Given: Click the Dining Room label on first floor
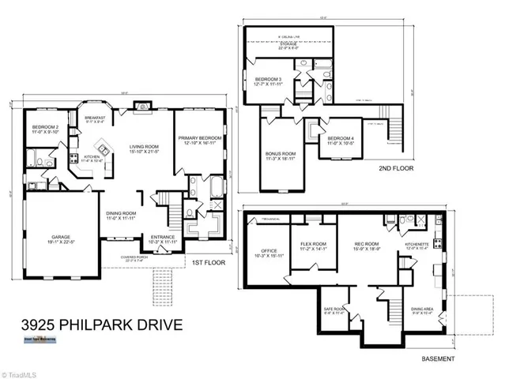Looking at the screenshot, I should click(122, 214).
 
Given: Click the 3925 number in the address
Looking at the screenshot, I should click(38, 325).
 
